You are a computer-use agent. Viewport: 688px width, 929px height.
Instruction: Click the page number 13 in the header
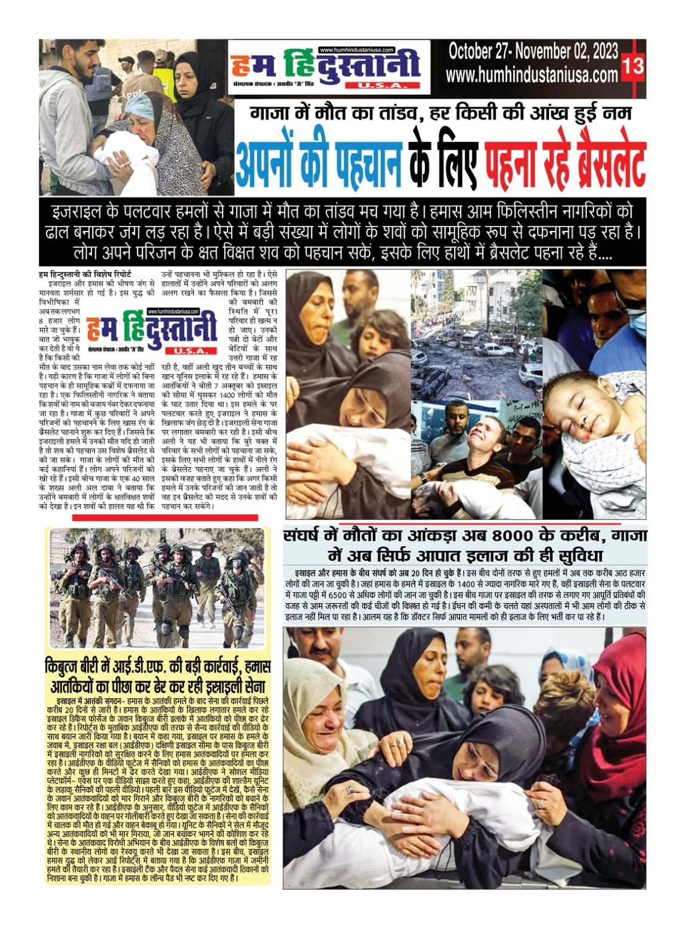pyautogui.click(x=633, y=65)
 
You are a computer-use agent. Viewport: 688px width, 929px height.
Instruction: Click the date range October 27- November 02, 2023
pyautogui.click(x=533, y=52)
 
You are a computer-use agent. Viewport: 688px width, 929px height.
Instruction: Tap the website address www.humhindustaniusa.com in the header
pyautogui.click(x=532, y=75)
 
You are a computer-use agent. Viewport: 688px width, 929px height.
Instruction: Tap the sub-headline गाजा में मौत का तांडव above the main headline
pyautogui.click(x=339, y=113)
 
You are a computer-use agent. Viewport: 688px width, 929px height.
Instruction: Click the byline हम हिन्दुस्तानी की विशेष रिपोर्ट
pyautogui.click(x=84, y=275)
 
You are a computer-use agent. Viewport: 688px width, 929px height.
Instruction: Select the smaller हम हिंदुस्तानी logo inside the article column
pyautogui.click(x=152, y=331)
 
